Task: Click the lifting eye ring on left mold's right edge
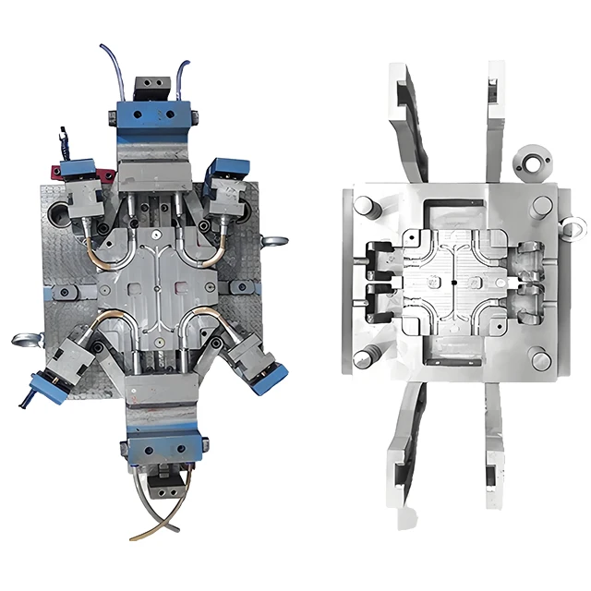point(274,241)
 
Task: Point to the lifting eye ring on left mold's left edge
point(25,339)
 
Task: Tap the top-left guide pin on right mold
point(364,206)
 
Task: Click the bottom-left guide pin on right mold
point(364,356)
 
